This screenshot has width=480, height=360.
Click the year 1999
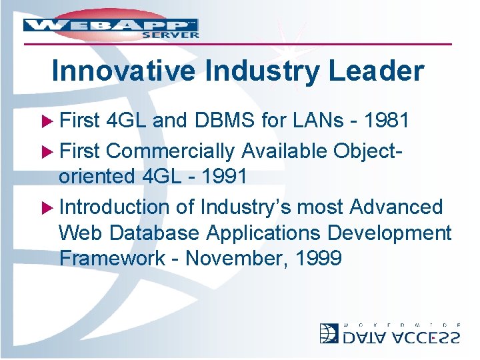317,258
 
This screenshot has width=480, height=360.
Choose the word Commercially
170,151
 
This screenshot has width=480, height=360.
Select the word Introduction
116,207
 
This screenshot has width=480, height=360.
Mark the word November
233,258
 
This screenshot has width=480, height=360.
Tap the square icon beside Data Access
329,333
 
